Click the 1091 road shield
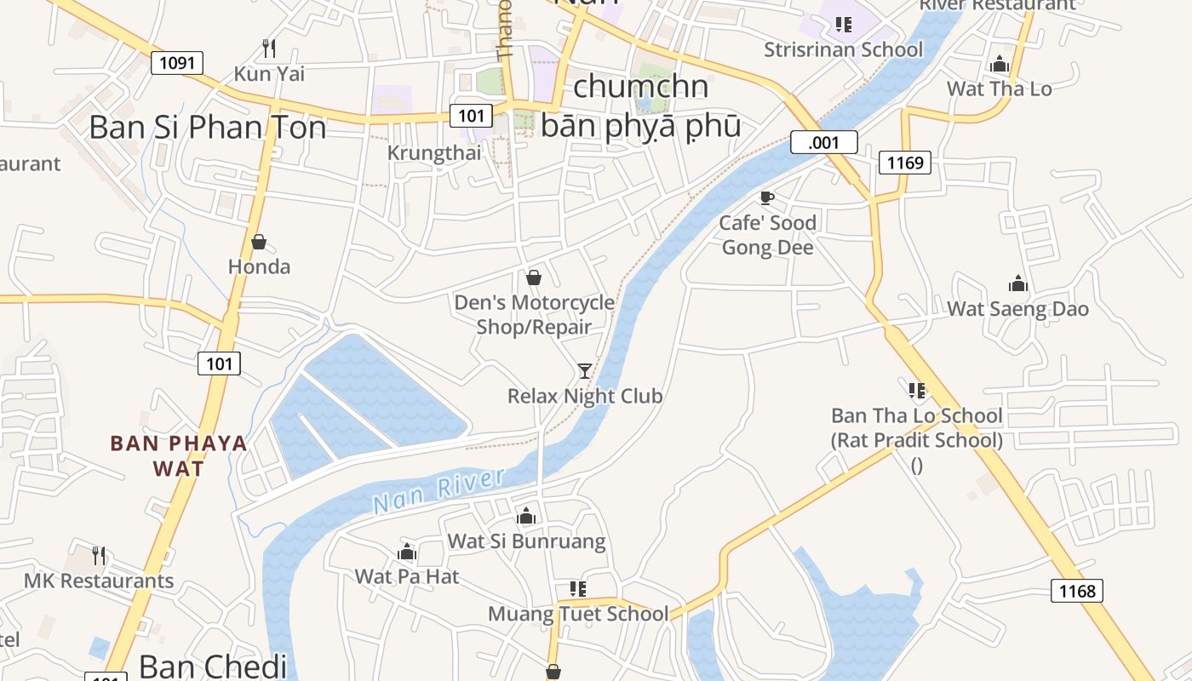coord(177,63)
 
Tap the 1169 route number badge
coord(904,162)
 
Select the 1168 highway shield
coord(1076,591)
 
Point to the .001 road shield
coord(823,142)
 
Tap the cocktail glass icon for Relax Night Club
coord(585,370)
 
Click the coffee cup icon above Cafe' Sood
coord(766,198)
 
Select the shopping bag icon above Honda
coord(259,242)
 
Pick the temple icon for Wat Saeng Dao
coord(1017,283)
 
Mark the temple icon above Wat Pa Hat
coord(407,552)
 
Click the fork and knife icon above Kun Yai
coord(269,48)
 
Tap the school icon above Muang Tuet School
coord(578,589)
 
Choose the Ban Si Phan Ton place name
coord(207,128)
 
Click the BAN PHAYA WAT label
coord(179,455)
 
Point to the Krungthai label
coord(434,153)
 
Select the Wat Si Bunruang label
coord(526,541)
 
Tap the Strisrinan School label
coord(843,49)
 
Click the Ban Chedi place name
coord(213,666)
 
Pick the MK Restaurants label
coord(99,581)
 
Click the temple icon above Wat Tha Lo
coord(1000,64)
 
